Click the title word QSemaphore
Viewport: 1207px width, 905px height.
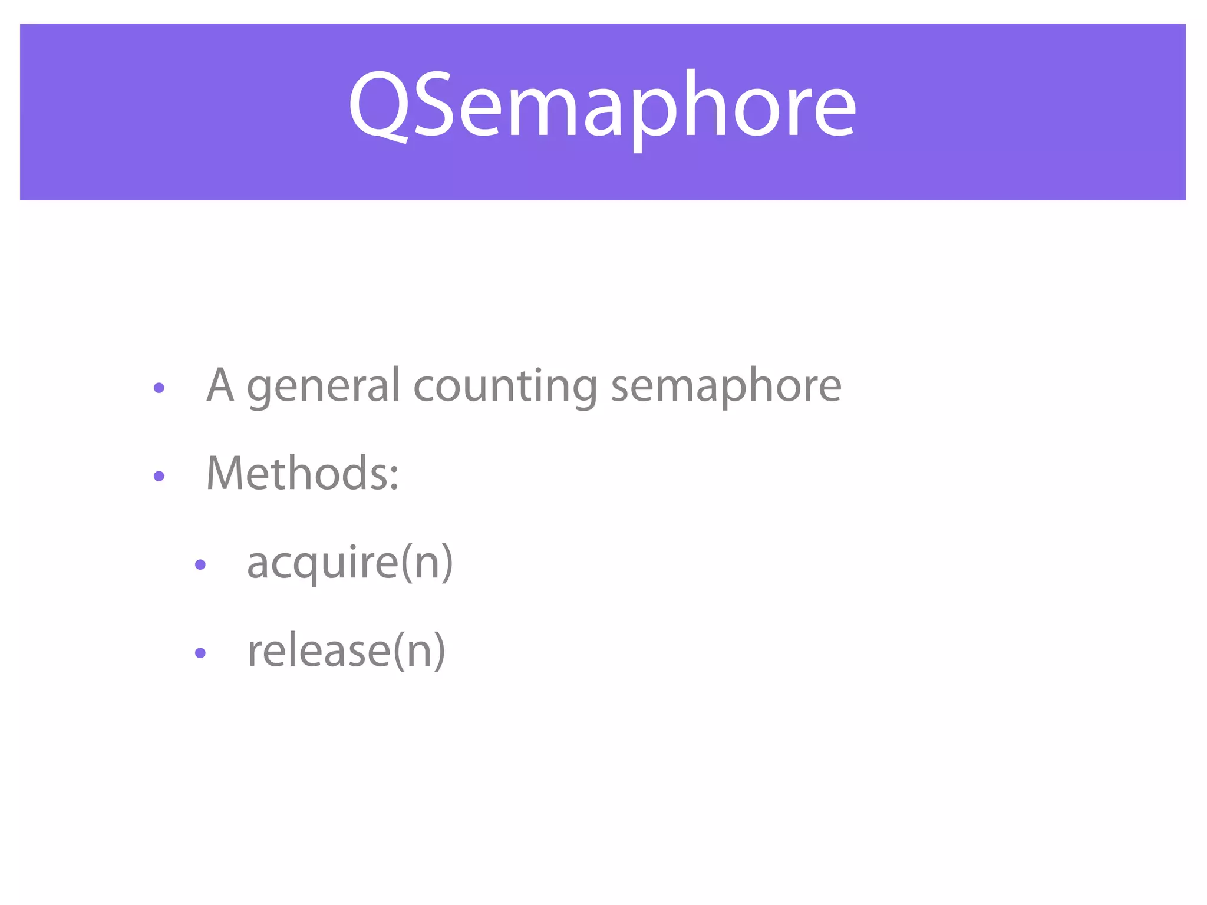pyautogui.click(x=602, y=106)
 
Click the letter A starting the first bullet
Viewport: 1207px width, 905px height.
pyautogui.click(x=220, y=386)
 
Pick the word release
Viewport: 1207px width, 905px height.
pyautogui.click(x=318, y=651)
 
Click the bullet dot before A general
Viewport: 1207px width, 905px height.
pyautogui.click(x=159, y=388)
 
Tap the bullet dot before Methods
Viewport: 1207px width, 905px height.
pyautogui.click(x=159, y=476)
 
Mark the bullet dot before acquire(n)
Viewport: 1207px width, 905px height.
pyautogui.click(x=200, y=564)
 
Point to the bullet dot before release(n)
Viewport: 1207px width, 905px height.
pyautogui.click(x=200, y=653)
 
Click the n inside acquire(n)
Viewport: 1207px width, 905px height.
pyautogui.click(x=427, y=564)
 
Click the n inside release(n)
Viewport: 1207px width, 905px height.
pyautogui.click(x=419, y=653)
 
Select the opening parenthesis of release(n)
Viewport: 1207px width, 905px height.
pyautogui.click(x=399, y=652)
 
